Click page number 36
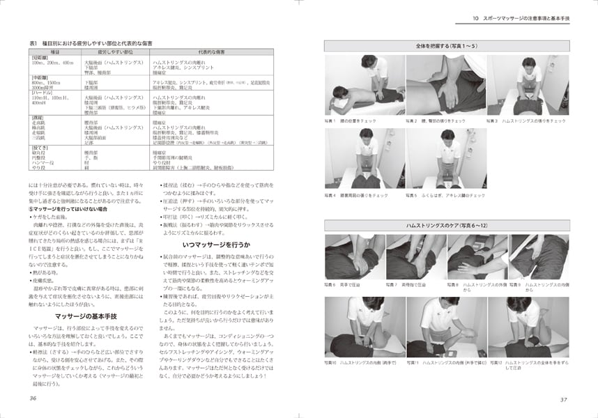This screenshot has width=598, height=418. coord(32,398)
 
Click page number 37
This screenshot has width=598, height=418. coord(565,398)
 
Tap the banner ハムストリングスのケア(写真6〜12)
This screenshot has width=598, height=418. coord(447,226)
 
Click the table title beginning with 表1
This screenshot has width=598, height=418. coord(91,44)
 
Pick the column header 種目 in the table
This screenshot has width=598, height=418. coord(55,52)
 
